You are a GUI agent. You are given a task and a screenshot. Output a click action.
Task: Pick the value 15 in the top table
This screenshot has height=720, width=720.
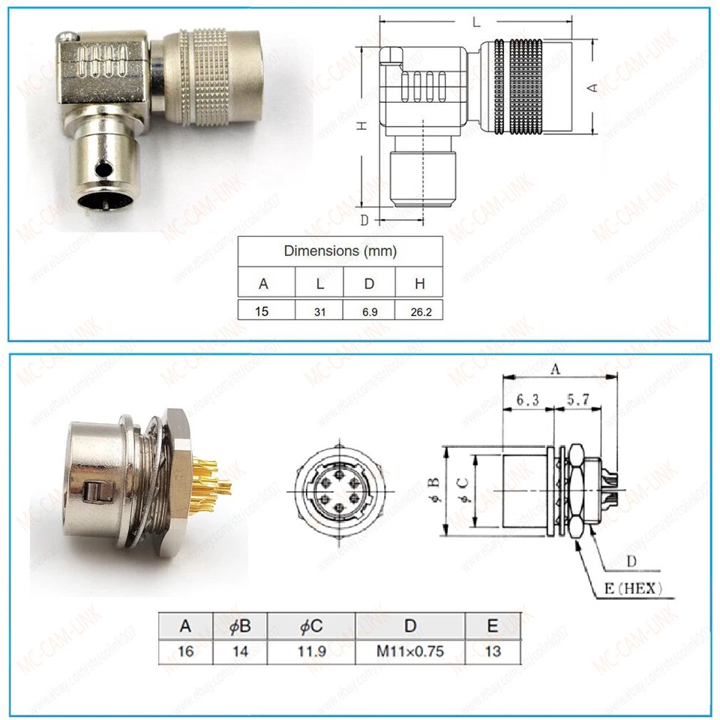pos(262,310)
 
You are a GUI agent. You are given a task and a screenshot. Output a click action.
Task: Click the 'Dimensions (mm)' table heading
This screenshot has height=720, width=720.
pos(340,251)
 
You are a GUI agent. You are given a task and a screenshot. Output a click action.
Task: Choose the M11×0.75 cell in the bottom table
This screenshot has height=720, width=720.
pos(409,650)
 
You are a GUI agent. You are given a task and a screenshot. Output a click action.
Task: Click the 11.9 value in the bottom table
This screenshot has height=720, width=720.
pos(310,650)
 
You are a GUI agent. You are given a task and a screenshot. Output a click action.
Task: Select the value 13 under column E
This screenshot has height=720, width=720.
pos(492,650)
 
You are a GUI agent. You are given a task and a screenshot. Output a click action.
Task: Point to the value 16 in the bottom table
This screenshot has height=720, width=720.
pos(186,650)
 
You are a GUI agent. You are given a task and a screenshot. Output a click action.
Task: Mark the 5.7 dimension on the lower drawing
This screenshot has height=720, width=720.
pos(577,401)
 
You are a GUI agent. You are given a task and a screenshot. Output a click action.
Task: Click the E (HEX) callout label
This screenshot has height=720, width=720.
pos(631,587)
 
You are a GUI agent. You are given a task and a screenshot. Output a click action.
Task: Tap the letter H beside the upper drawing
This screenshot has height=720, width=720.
pos(361,127)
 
